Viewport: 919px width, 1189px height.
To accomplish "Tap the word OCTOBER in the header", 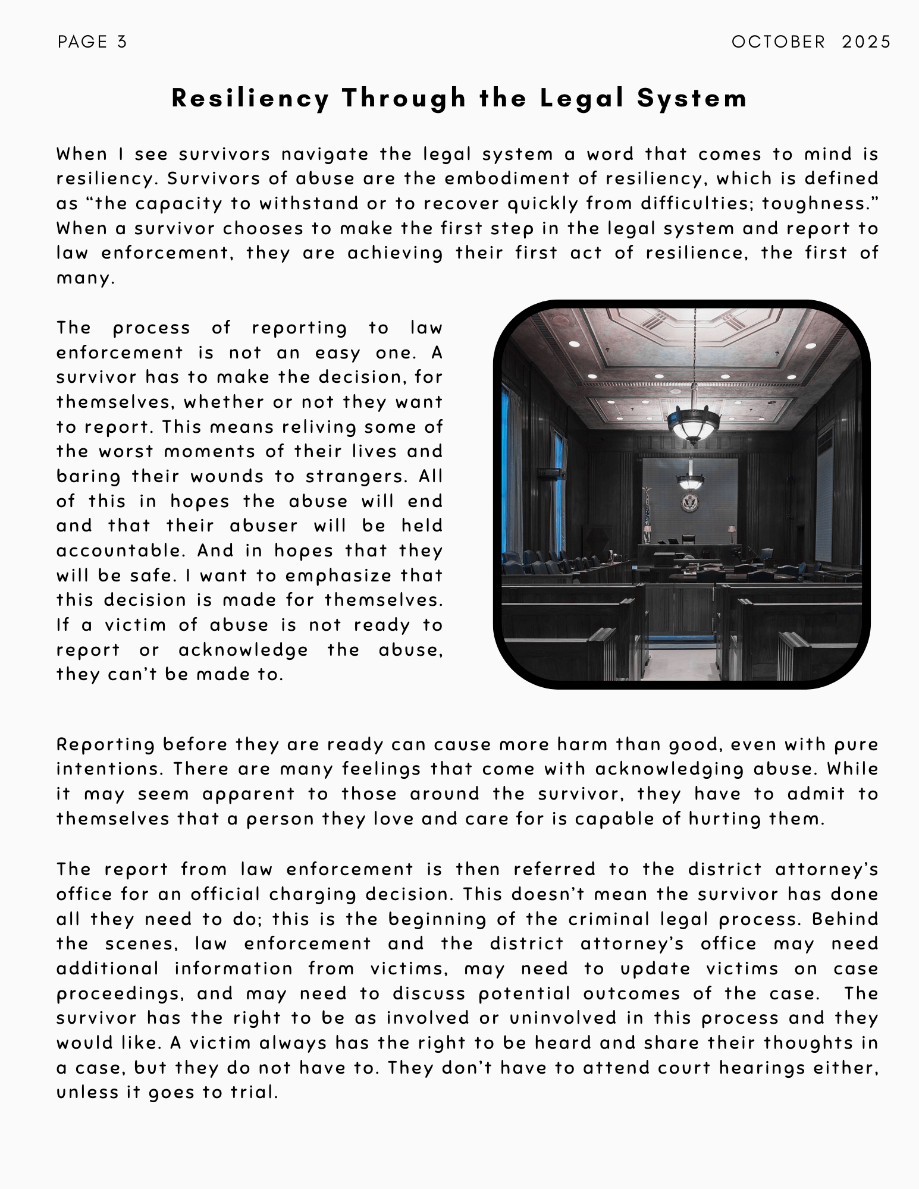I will click(x=778, y=42).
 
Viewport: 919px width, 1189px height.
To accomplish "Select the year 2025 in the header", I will click(x=866, y=42).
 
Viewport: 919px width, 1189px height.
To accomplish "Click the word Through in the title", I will click(x=404, y=98).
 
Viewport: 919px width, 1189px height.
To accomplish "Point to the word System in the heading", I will click(x=692, y=98).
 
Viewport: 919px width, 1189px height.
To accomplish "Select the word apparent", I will click(x=248, y=794).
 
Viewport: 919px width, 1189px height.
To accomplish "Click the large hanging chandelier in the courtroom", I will click(x=692, y=421).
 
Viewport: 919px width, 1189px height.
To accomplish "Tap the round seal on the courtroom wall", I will click(x=689, y=503).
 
